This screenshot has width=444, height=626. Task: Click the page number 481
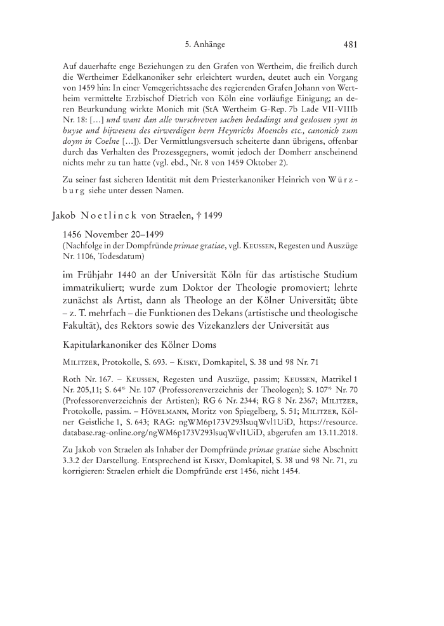pyautogui.click(x=352, y=45)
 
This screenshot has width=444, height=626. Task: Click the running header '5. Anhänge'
pyautogui.click(x=205, y=45)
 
